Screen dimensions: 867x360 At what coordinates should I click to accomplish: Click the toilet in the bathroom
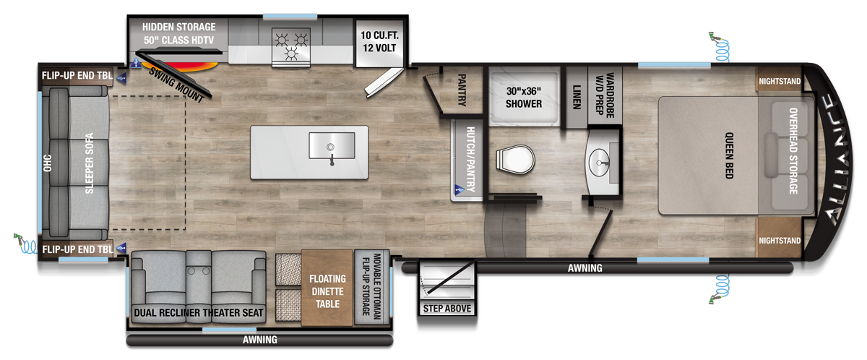pyautogui.click(x=515, y=160)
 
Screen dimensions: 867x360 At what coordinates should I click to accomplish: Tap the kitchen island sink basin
pyautogui.click(x=332, y=145)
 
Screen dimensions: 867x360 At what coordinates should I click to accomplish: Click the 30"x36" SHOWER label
pyautogui.click(x=524, y=98)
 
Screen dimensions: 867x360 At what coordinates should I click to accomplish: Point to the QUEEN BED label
pyautogui.click(x=729, y=155)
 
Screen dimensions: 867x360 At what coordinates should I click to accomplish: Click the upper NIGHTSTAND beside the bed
pyautogui.click(x=779, y=81)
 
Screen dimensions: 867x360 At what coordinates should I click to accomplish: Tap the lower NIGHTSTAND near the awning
pyautogui.click(x=779, y=240)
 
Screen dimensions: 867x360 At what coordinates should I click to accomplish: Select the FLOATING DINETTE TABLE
pyautogui.click(x=327, y=288)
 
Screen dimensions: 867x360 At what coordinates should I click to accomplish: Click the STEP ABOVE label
pyautogui.click(x=447, y=309)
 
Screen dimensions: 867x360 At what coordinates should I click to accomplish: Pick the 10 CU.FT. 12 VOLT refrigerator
pyautogui.click(x=379, y=43)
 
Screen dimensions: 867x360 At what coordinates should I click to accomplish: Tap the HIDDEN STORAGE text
pyautogui.click(x=179, y=27)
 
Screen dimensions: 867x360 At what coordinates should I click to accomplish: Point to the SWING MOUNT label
pyautogui.click(x=176, y=85)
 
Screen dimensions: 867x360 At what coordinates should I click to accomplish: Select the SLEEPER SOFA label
pyautogui.click(x=89, y=163)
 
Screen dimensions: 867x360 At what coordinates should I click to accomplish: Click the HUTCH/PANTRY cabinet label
pyautogui.click(x=470, y=159)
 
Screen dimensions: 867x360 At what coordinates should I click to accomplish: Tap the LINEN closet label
pyautogui.click(x=577, y=97)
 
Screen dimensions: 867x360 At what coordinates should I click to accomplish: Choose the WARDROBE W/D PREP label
pyautogui.click(x=605, y=95)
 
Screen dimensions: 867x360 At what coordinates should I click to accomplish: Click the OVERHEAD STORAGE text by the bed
pyautogui.click(x=793, y=151)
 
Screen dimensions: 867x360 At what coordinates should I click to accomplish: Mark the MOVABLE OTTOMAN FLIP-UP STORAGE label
pyautogui.click(x=371, y=286)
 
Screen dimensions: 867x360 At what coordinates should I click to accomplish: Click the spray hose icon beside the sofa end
pyautogui.click(x=25, y=244)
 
